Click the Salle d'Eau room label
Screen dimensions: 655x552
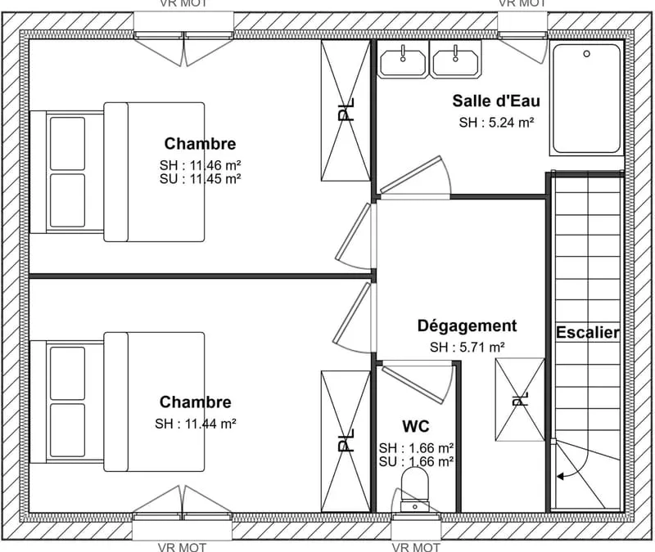[496, 101]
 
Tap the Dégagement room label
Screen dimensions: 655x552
[467, 325]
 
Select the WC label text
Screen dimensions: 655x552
[416, 426]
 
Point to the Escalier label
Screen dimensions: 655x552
[588, 333]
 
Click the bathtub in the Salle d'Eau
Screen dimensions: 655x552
[586, 98]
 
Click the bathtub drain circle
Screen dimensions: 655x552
[586, 54]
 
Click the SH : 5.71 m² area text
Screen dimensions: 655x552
[468, 347]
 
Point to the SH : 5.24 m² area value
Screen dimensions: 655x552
[496, 123]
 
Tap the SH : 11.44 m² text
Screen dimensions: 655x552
[196, 424]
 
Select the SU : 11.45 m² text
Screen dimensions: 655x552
[200, 179]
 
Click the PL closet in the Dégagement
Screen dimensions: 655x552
[520, 399]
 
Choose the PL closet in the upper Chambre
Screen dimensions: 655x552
[346, 110]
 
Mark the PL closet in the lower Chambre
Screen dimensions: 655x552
[346, 441]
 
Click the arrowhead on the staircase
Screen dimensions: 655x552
[560, 476]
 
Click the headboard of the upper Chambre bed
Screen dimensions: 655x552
[38, 172]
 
